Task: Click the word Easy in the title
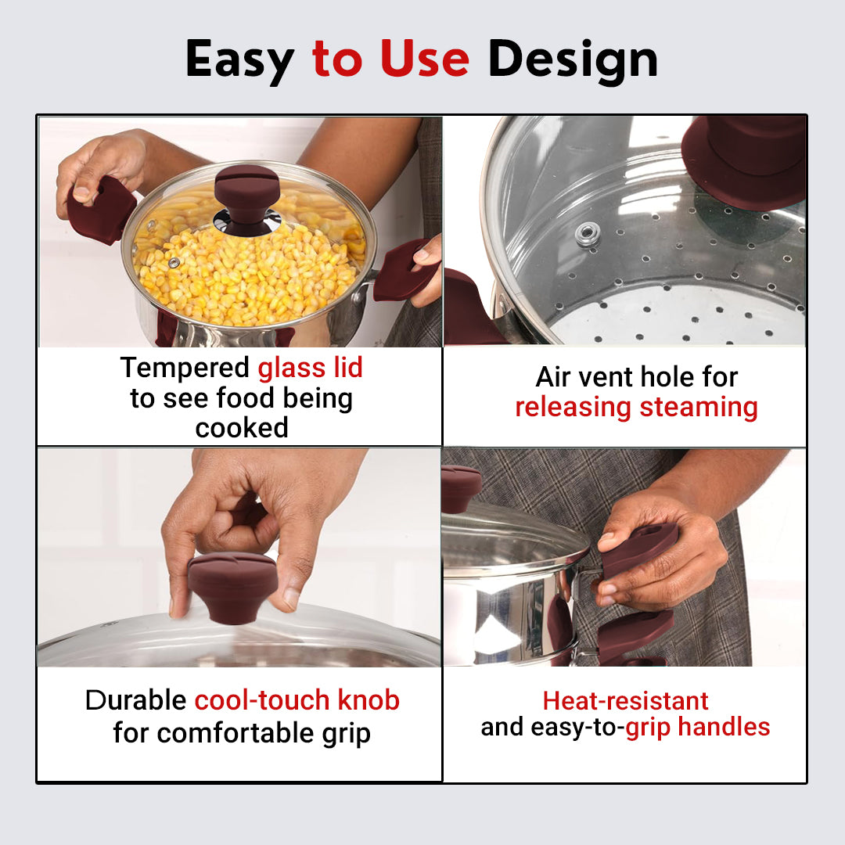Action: tap(240, 60)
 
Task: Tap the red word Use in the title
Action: tap(425, 58)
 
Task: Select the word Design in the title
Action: tap(573, 60)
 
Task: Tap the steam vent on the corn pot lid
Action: tap(174, 262)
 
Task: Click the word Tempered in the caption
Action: tap(185, 369)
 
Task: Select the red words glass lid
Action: tap(310, 368)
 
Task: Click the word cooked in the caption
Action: tap(242, 429)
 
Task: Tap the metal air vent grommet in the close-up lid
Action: tap(588, 235)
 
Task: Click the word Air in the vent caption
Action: tap(552, 376)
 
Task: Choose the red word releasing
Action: tap(573, 408)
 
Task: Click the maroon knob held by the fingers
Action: tap(232, 587)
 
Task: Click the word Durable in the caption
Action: tap(136, 700)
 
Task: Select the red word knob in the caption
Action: tap(369, 700)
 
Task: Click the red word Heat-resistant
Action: tap(625, 701)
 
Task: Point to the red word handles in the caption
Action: tap(724, 727)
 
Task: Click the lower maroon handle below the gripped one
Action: tap(636, 636)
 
